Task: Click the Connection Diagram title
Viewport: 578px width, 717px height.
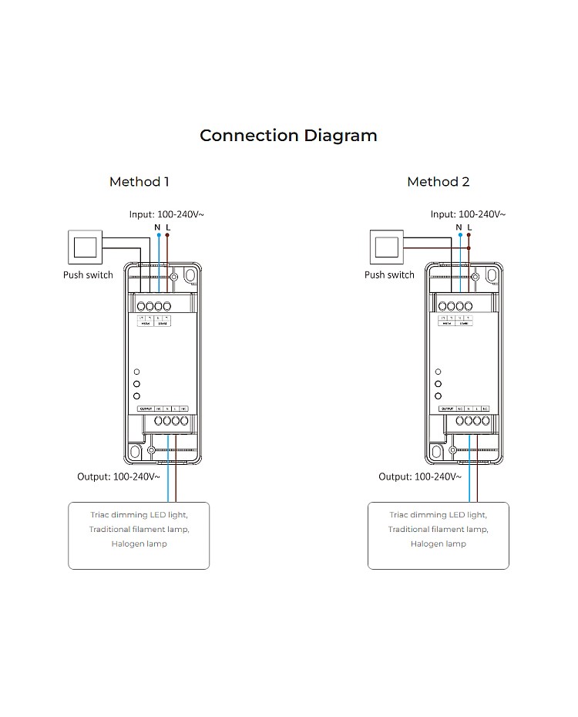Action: click(288, 136)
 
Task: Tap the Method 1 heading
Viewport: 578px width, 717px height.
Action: click(139, 182)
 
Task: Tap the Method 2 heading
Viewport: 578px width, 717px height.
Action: click(438, 182)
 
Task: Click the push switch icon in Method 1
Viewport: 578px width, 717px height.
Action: click(85, 247)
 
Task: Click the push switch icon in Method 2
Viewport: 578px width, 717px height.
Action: click(386, 247)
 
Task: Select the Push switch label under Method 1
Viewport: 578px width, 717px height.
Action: click(88, 275)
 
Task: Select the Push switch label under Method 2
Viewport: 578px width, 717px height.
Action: click(389, 275)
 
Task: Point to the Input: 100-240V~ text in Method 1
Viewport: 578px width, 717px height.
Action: click(166, 214)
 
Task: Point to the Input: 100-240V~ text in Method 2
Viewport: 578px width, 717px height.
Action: click(468, 214)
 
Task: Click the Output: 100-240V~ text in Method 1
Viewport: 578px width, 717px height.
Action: click(119, 477)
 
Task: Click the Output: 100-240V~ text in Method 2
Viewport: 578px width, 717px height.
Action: click(420, 477)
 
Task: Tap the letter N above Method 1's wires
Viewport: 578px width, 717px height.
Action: click(158, 227)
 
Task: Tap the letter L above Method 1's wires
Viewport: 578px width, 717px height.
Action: click(168, 227)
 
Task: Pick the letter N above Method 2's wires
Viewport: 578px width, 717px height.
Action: click(459, 227)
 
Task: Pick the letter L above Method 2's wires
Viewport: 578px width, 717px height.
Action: click(469, 227)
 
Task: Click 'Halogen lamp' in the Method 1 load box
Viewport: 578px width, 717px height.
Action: click(139, 544)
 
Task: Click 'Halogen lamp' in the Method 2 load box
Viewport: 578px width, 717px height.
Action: click(438, 544)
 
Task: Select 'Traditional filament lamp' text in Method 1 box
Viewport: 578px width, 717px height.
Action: click(139, 530)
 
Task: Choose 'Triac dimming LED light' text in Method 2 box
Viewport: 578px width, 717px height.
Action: click(438, 514)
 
